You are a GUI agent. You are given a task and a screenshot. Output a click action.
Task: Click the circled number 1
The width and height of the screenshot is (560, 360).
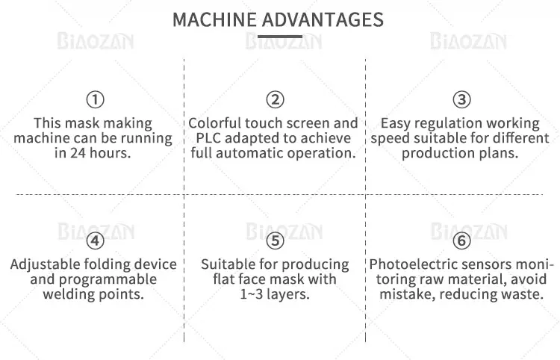click(95, 99)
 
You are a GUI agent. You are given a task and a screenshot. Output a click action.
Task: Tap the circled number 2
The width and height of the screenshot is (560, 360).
click(275, 99)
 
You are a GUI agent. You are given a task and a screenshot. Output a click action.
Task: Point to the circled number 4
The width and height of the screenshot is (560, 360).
click(95, 241)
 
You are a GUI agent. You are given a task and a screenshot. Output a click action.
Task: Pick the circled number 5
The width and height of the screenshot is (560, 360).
click(275, 241)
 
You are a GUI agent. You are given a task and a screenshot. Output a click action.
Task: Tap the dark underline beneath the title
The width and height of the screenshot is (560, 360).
click(279, 36)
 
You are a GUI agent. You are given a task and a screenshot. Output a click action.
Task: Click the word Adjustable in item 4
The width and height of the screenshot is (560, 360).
click(47, 264)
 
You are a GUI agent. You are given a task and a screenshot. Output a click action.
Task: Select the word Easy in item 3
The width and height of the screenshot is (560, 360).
click(396, 123)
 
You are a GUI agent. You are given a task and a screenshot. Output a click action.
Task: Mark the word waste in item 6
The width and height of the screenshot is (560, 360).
click(521, 294)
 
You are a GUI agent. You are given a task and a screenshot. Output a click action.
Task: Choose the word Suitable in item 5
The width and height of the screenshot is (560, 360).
click(229, 264)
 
